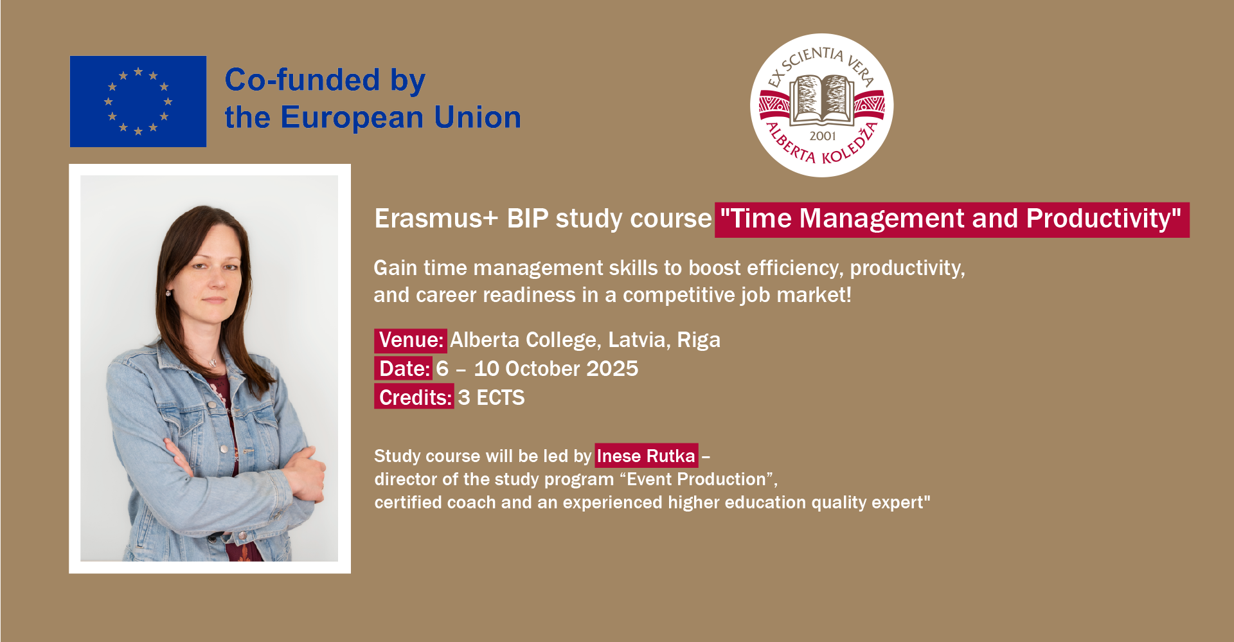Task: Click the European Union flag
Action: (x=138, y=102)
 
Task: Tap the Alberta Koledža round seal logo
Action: (x=822, y=105)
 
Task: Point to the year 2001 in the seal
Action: (x=823, y=136)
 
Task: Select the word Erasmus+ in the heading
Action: (x=436, y=218)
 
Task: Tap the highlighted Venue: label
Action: (x=411, y=340)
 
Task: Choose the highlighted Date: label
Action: (x=404, y=368)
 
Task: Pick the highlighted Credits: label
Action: (x=415, y=397)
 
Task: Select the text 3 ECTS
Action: (x=491, y=397)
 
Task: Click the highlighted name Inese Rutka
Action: (x=646, y=456)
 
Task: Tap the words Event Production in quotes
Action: (x=696, y=479)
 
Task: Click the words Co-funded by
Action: (x=325, y=80)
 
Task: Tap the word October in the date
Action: (x=543, y=368)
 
